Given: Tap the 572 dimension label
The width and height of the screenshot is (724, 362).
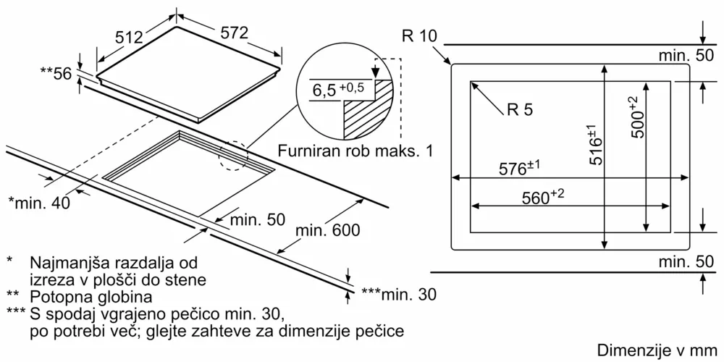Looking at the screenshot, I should (233, 33).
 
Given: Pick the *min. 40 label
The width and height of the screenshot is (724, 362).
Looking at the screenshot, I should (39, 203).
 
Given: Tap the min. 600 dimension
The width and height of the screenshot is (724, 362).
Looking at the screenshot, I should (327, 231).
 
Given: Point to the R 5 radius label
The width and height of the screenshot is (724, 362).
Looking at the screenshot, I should (519, 110).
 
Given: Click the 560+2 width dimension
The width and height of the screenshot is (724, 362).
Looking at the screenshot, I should (542, 198).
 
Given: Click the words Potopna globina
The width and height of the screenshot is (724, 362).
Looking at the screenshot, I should (90, 296).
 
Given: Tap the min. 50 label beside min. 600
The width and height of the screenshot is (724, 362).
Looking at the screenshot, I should (256, 219).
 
